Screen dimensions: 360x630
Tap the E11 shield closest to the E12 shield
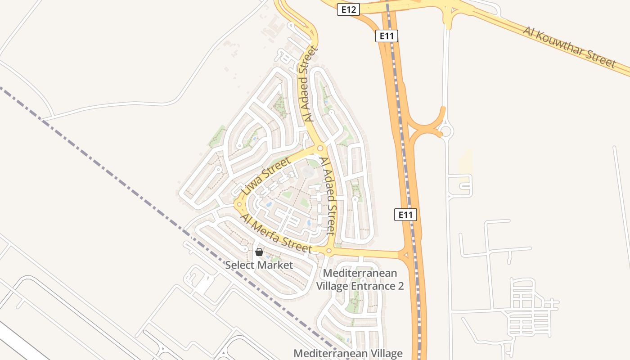point(387,36)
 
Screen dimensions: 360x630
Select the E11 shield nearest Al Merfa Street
point(405,215)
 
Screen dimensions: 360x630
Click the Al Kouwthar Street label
point(569,47)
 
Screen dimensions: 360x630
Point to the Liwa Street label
point(267,176)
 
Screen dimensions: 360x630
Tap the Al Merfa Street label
point(276,234)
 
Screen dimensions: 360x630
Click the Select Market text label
point(259,265)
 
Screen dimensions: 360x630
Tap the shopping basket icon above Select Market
point(259,252)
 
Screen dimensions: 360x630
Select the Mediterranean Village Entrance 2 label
point(360,279)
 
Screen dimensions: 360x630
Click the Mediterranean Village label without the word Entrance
point(348,353)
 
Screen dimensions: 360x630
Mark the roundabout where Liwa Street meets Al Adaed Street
point(320,148)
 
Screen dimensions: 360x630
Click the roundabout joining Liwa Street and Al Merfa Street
point(238,204)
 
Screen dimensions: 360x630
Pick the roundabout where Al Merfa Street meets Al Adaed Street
point(329,251)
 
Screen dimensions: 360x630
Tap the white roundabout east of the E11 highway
point(446,131)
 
